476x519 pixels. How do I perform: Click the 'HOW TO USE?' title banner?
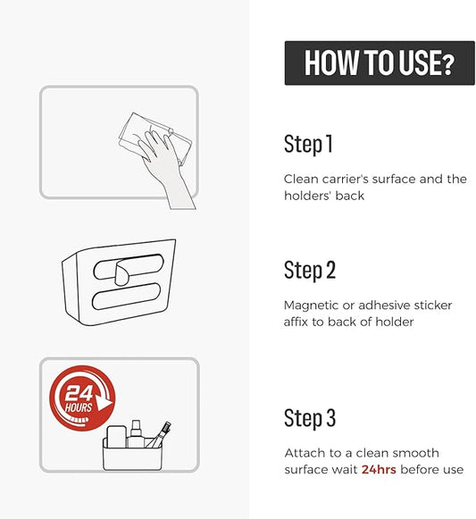(380, 63)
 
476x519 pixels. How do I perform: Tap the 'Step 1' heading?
(308, 144)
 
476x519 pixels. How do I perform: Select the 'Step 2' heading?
(310, 270)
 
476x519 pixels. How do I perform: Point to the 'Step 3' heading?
(310, 418)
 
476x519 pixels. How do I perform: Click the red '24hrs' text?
(379, 469)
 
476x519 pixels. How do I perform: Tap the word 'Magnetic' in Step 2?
(311, 306)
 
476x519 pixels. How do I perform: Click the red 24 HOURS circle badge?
(82, 398)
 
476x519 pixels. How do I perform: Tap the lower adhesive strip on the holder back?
(126, 297)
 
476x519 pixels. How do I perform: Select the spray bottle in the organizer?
(135, 433)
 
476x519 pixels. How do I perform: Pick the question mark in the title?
(448, 64)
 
